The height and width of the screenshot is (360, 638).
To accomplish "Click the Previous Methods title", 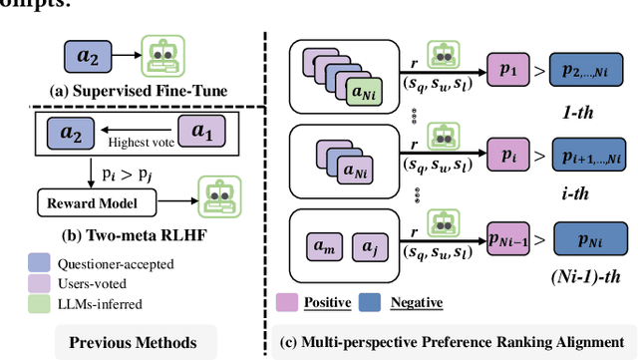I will click(133, 343).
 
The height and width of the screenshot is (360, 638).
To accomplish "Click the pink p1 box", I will click(508, 73).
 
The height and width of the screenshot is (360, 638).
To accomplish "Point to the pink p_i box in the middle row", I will click(508, 157).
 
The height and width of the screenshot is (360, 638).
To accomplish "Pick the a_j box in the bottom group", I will click(369, 244).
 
